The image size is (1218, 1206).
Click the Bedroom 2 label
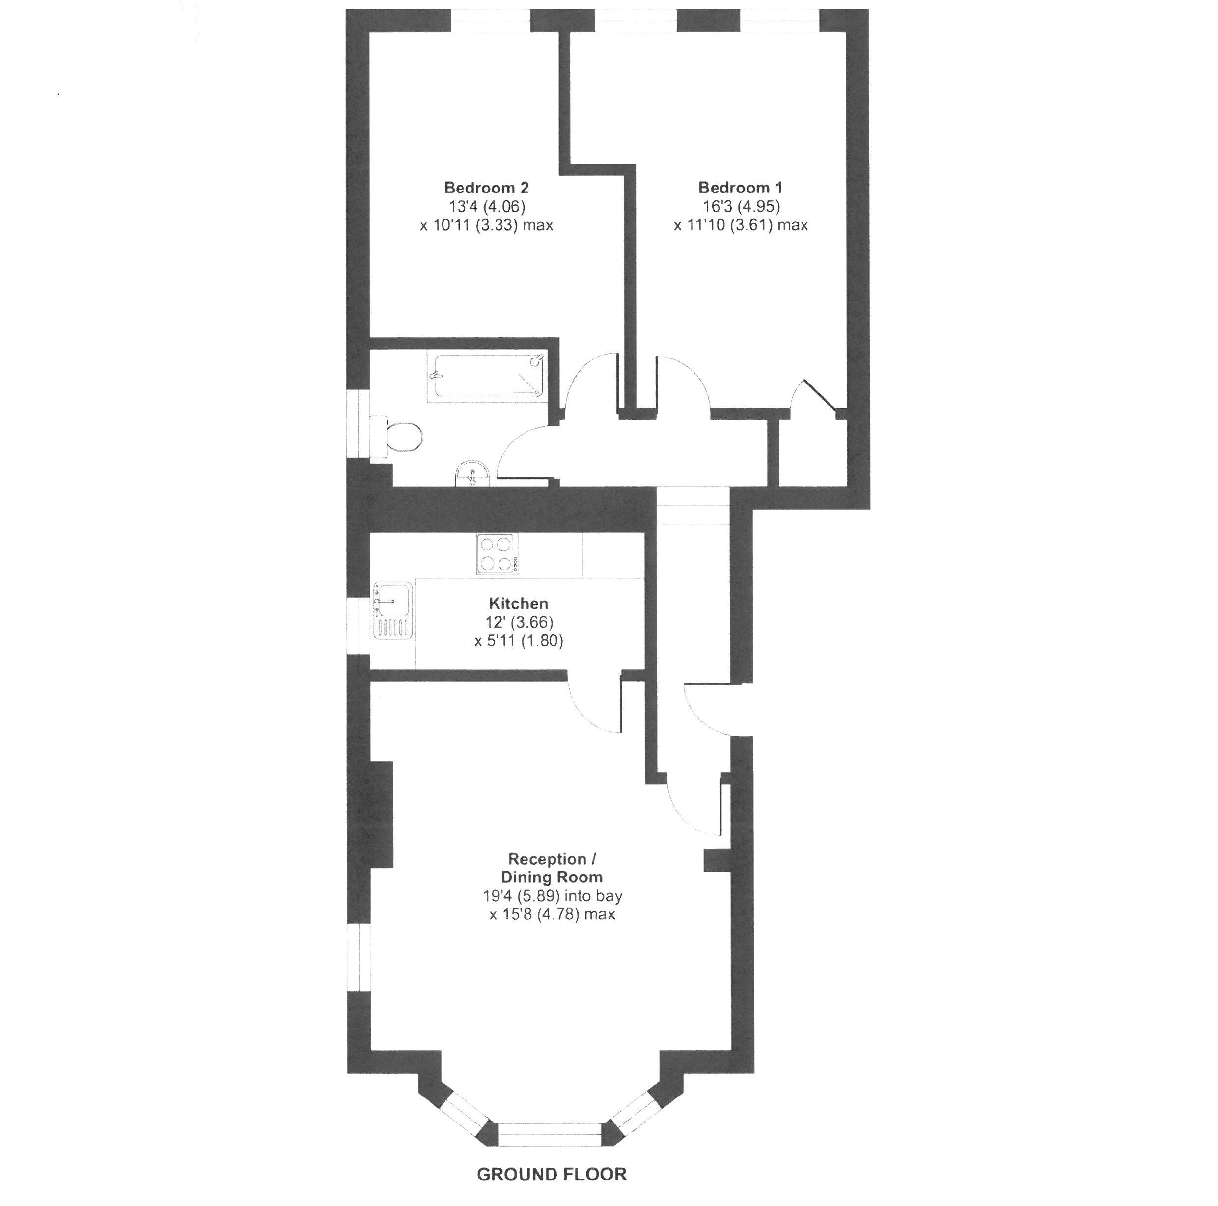[486, 187]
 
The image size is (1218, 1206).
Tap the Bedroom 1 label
[740, 187]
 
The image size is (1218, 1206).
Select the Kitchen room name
[518, 603]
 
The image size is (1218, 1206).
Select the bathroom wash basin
[471, 473]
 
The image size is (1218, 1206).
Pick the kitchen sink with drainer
[393, 610]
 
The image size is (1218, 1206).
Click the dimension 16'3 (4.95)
[742, 206]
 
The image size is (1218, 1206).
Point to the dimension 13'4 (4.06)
[487, 206]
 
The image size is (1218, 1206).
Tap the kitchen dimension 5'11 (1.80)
[518, 641]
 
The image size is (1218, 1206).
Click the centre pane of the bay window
[551, 1133]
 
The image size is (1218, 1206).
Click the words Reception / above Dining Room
[552, 859]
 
